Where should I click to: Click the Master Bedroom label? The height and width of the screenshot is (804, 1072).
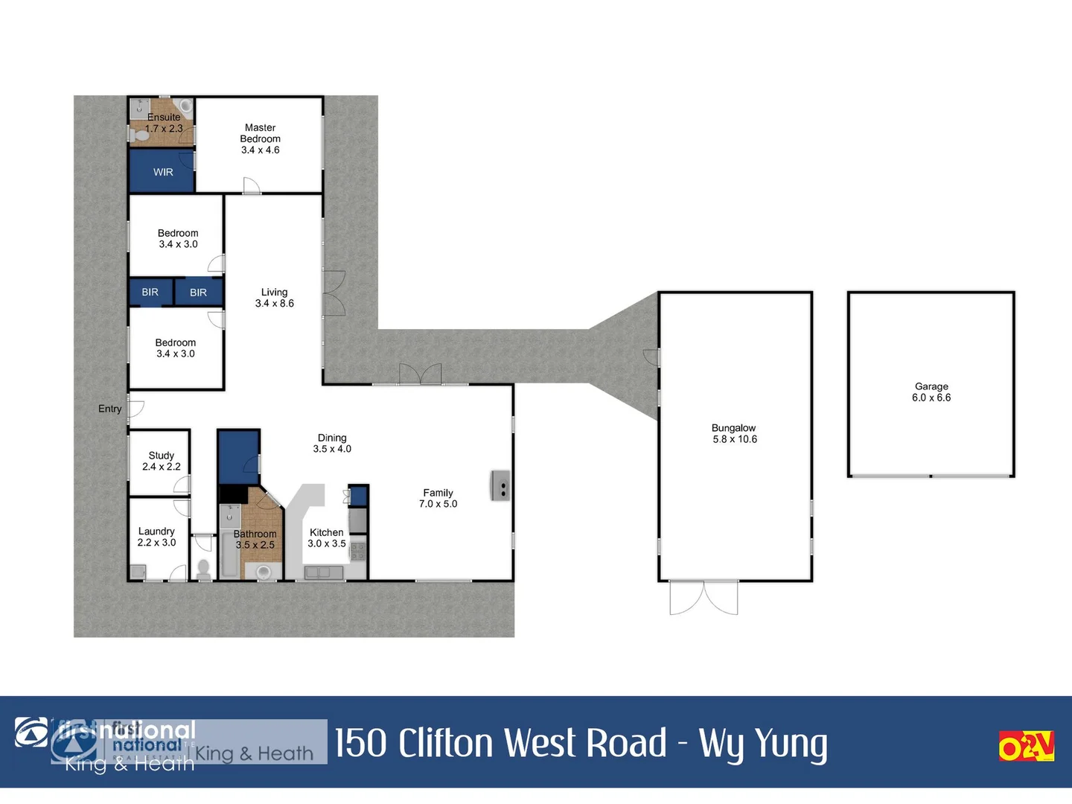260,133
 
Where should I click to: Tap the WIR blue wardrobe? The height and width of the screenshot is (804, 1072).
162,172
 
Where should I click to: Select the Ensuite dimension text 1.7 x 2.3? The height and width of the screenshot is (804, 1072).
164,129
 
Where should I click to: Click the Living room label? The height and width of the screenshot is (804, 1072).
274,293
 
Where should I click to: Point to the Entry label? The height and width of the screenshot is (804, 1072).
109,409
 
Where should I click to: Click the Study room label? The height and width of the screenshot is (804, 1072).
161,456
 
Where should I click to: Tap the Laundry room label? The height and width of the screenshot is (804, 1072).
156,532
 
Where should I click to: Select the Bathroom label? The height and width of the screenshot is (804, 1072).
255,534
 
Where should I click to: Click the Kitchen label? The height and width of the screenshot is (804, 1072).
326,532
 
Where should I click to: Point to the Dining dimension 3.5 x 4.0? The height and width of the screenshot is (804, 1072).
332,449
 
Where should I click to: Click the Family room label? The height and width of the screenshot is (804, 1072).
438,493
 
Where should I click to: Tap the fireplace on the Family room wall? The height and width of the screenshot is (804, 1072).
500,485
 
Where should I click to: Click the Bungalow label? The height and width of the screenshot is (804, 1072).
733,428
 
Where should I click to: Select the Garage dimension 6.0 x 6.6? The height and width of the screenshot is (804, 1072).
931,398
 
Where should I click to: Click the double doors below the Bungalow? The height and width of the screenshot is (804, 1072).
703,598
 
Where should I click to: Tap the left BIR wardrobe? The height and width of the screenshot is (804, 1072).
150,293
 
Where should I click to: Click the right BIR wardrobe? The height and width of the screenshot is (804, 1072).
198,293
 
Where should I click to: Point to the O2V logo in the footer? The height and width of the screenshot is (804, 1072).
1026,746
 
